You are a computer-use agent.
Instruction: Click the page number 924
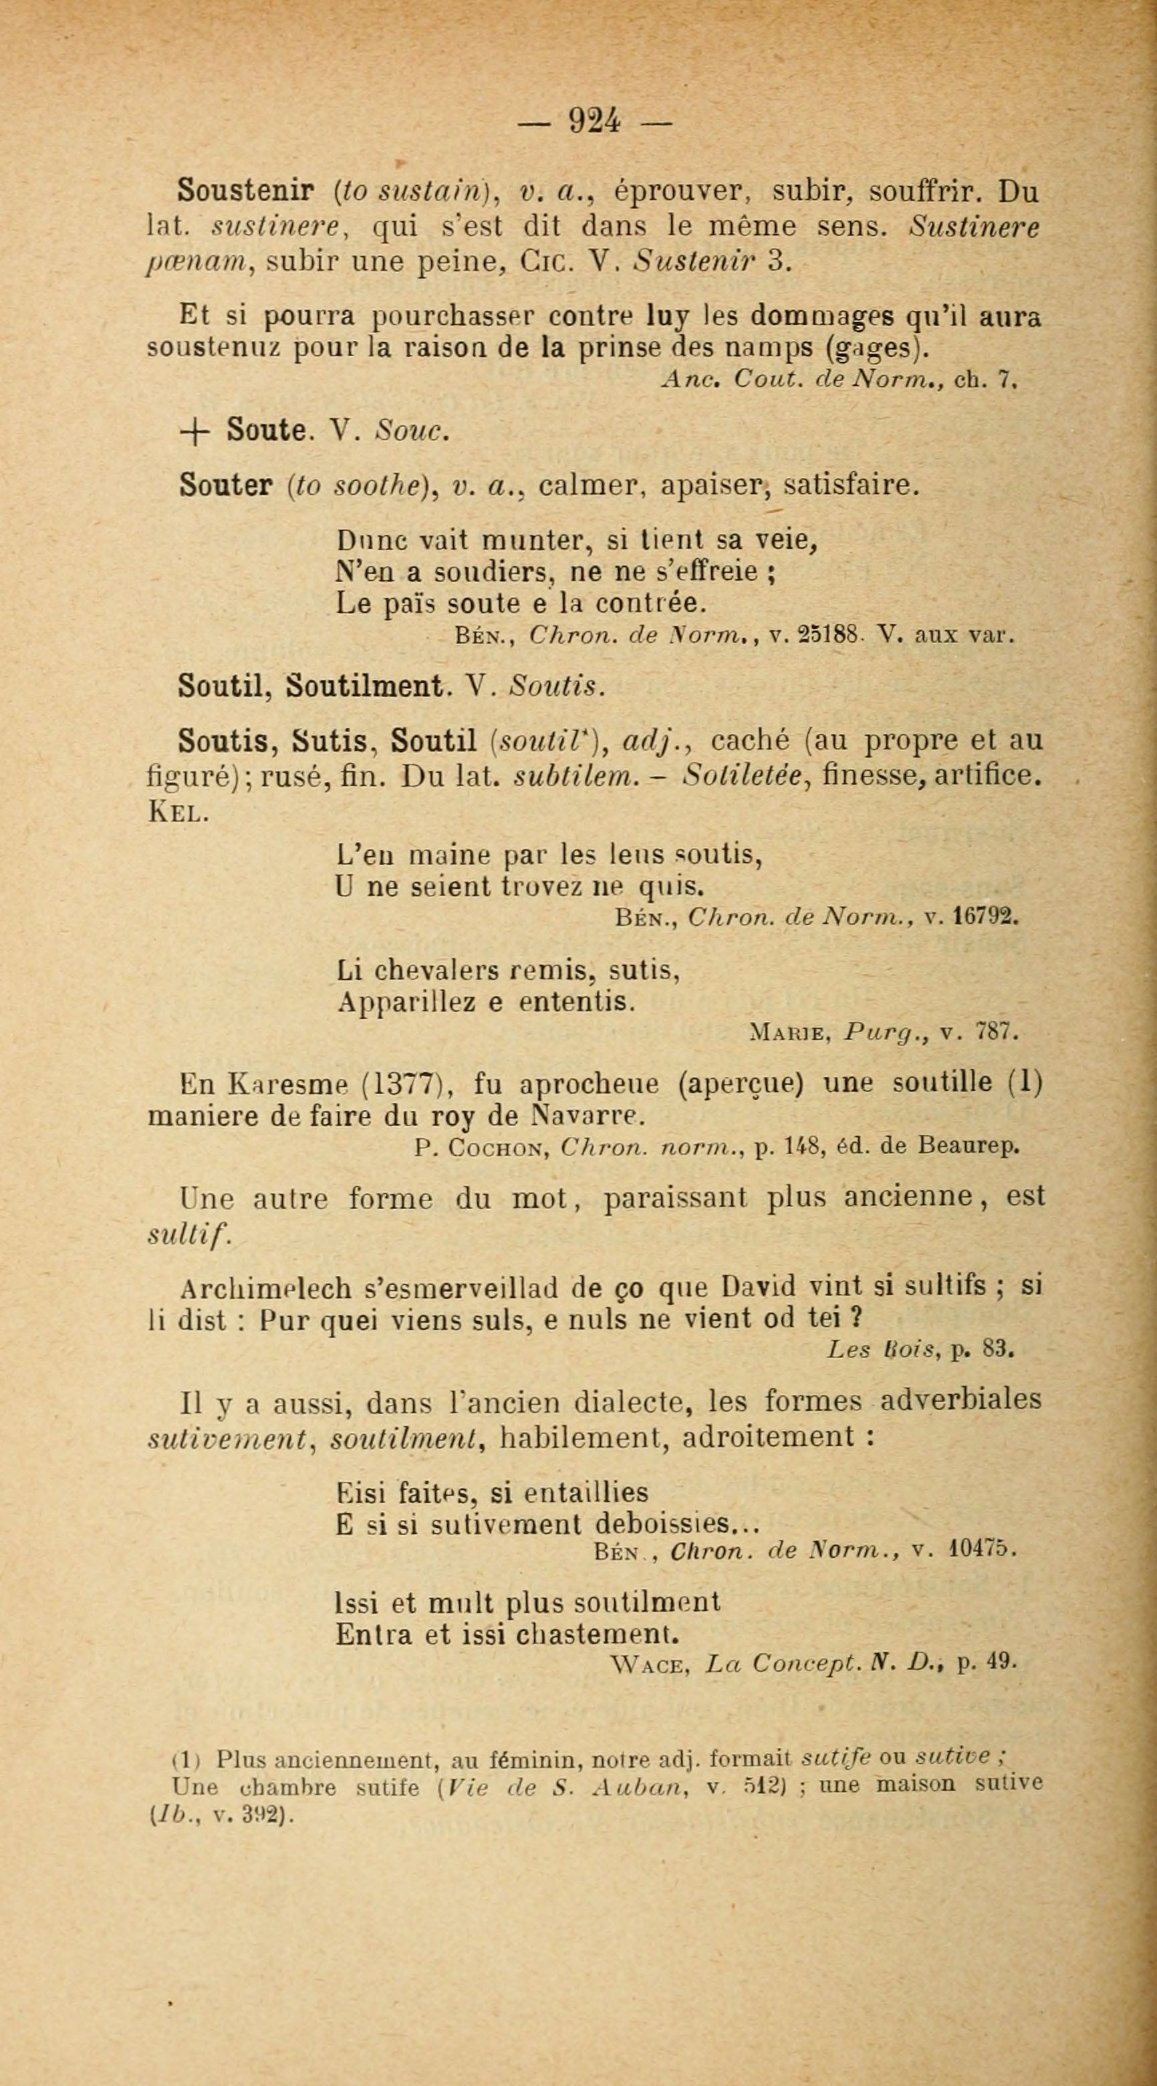[x=595, y=121]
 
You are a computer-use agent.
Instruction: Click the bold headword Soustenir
[x=245, y=191]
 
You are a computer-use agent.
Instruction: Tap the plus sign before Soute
[x=195, y=431]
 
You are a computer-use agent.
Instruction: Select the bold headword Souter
[x=226, y=485]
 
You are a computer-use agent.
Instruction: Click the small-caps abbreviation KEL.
[x=177, y=812]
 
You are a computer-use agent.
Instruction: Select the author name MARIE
[x=787, y=1033]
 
